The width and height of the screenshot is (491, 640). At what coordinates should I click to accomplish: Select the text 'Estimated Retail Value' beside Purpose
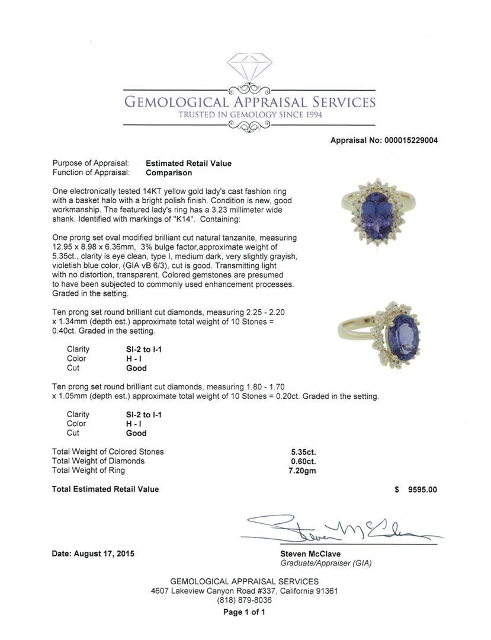point(188,164)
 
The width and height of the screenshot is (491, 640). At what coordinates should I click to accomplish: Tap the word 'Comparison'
point(169,173)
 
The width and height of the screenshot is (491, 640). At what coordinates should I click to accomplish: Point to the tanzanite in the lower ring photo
point(403,337)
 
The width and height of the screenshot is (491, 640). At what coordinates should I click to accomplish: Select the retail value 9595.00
point(422,489)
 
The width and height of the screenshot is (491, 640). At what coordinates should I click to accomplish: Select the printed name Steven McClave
point(310,554)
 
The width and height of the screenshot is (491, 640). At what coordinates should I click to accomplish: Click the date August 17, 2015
point(93,554)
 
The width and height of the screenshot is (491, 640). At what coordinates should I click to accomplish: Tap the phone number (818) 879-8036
point(244,600)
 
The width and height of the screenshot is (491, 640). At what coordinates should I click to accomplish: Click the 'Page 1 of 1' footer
point(244,613)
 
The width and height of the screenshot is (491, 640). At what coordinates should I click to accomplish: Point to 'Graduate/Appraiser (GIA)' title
point(326,564)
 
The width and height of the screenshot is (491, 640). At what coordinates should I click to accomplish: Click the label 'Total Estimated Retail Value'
point(105,489)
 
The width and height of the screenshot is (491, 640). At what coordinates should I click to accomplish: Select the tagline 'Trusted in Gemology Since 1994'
point(250,115)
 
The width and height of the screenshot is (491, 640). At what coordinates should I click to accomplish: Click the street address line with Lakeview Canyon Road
point(244,591)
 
